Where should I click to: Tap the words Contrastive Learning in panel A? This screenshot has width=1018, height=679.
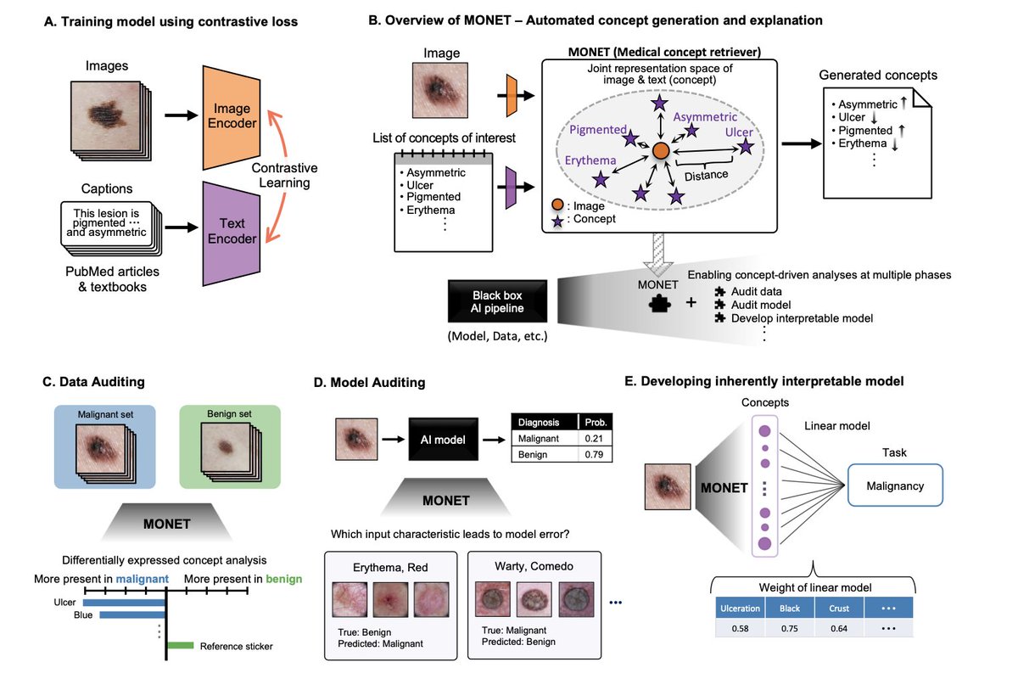click(x=285, y=173)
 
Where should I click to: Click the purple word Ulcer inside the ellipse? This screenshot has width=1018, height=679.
click(x=738, y=132)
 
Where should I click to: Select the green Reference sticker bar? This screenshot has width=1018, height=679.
click(x=181, y=646)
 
